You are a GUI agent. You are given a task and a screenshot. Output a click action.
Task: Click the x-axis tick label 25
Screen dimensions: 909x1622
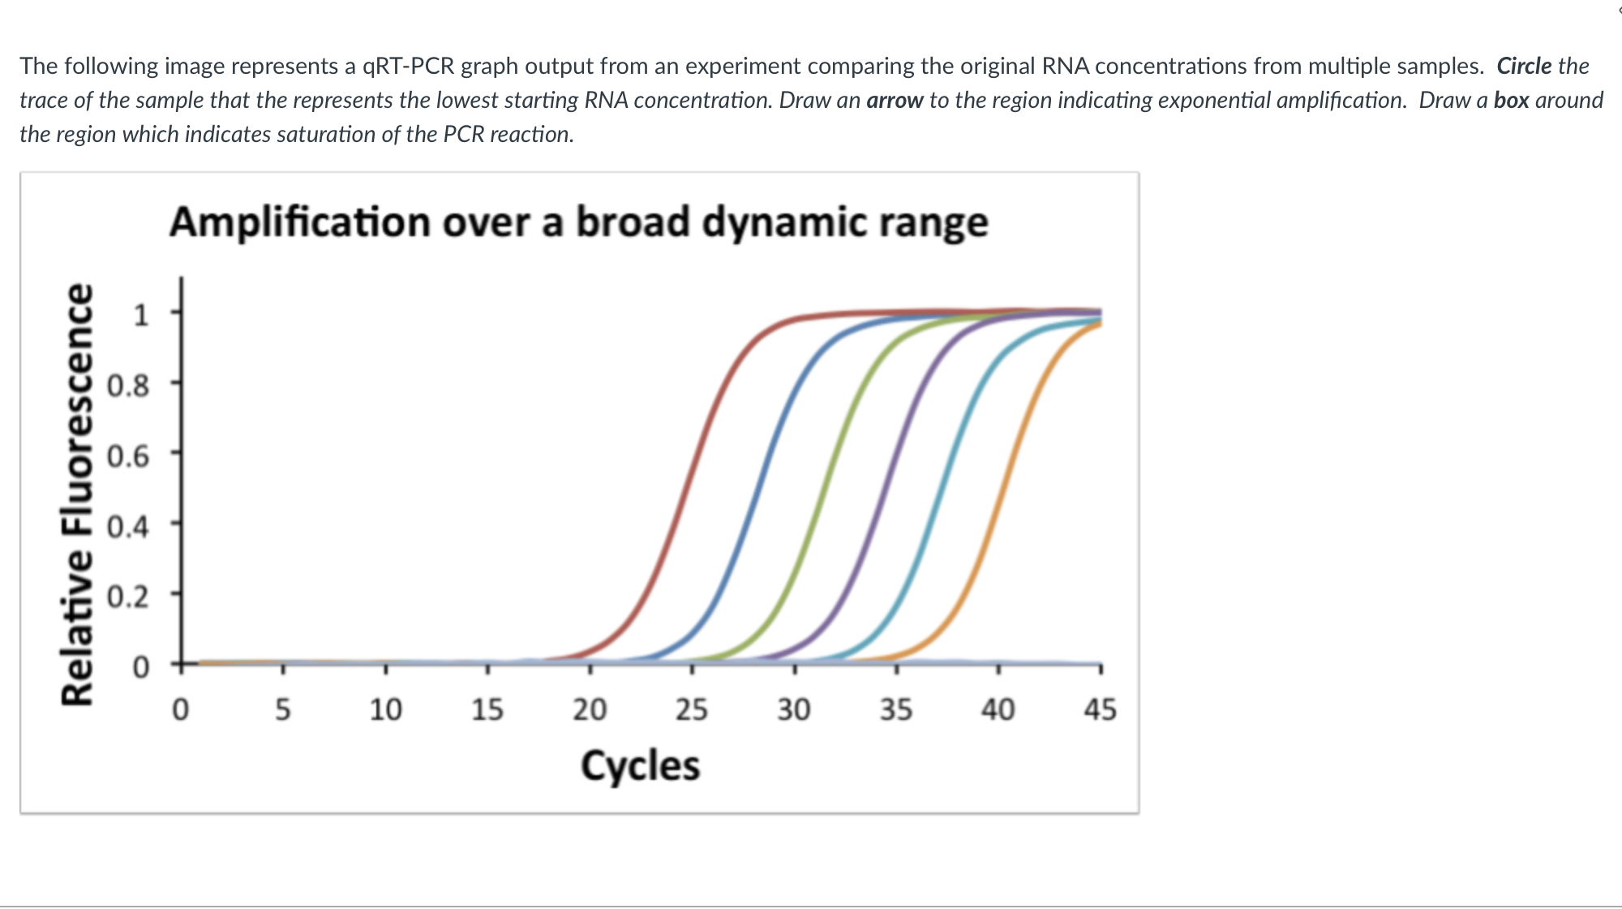(692, 710)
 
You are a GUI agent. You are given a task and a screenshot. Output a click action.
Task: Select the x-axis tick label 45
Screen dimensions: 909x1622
(1101, 710)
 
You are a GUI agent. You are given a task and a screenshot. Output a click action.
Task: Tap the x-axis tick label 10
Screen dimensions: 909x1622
(385, 710)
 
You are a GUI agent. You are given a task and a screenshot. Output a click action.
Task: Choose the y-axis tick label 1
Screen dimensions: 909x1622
(140, 315)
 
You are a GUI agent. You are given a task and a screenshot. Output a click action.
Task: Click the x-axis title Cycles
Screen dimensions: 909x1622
(640, 766)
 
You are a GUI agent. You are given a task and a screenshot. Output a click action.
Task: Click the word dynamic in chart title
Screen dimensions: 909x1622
(786, 222)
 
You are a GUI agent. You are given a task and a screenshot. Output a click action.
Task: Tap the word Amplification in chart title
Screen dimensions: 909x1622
(300, 222)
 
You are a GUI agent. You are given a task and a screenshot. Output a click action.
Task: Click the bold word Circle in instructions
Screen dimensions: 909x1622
(1524, 66)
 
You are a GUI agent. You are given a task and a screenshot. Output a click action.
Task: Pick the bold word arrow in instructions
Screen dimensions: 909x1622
(895, 100)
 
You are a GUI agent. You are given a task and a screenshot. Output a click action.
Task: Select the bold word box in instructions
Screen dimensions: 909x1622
(1511, 100)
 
